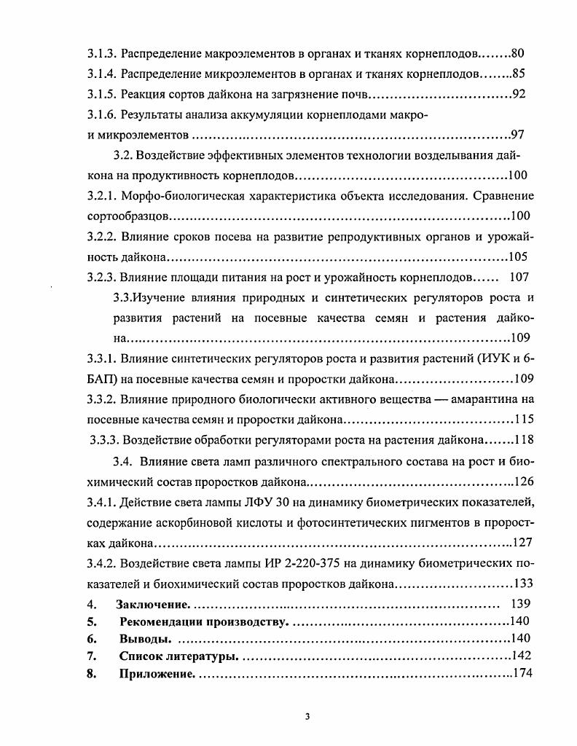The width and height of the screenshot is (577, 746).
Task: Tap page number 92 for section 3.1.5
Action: click(x=519, y=94)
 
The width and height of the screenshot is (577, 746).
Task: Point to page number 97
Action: click(x=518, y=135)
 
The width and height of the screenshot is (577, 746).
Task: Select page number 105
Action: click(x=517, y=257)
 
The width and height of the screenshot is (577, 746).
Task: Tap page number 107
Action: click(x=519, y=277)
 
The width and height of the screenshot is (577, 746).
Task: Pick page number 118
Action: click(x=523, y=439)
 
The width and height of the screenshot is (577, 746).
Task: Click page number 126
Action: click(x=525, y=481)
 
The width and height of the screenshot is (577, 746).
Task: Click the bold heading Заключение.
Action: click(x=153, y=604)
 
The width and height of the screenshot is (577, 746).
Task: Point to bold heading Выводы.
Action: click(x=145, y=639)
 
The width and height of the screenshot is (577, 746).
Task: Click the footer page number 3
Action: click(x=307, y=716)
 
